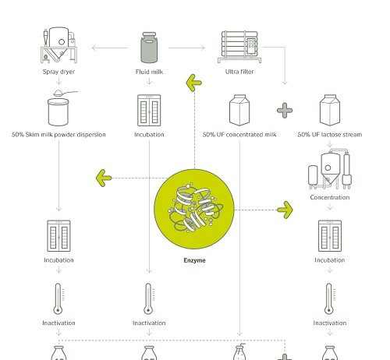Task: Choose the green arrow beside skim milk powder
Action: click(x=101, y=178)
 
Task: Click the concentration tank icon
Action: click(x=328, y=169)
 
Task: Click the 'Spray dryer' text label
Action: click(x=58, y=72)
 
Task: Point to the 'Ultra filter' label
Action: click(x=240, y=72)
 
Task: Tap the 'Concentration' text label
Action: click(x=328, y=198)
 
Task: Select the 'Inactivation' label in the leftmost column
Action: click(x=58, y=323)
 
